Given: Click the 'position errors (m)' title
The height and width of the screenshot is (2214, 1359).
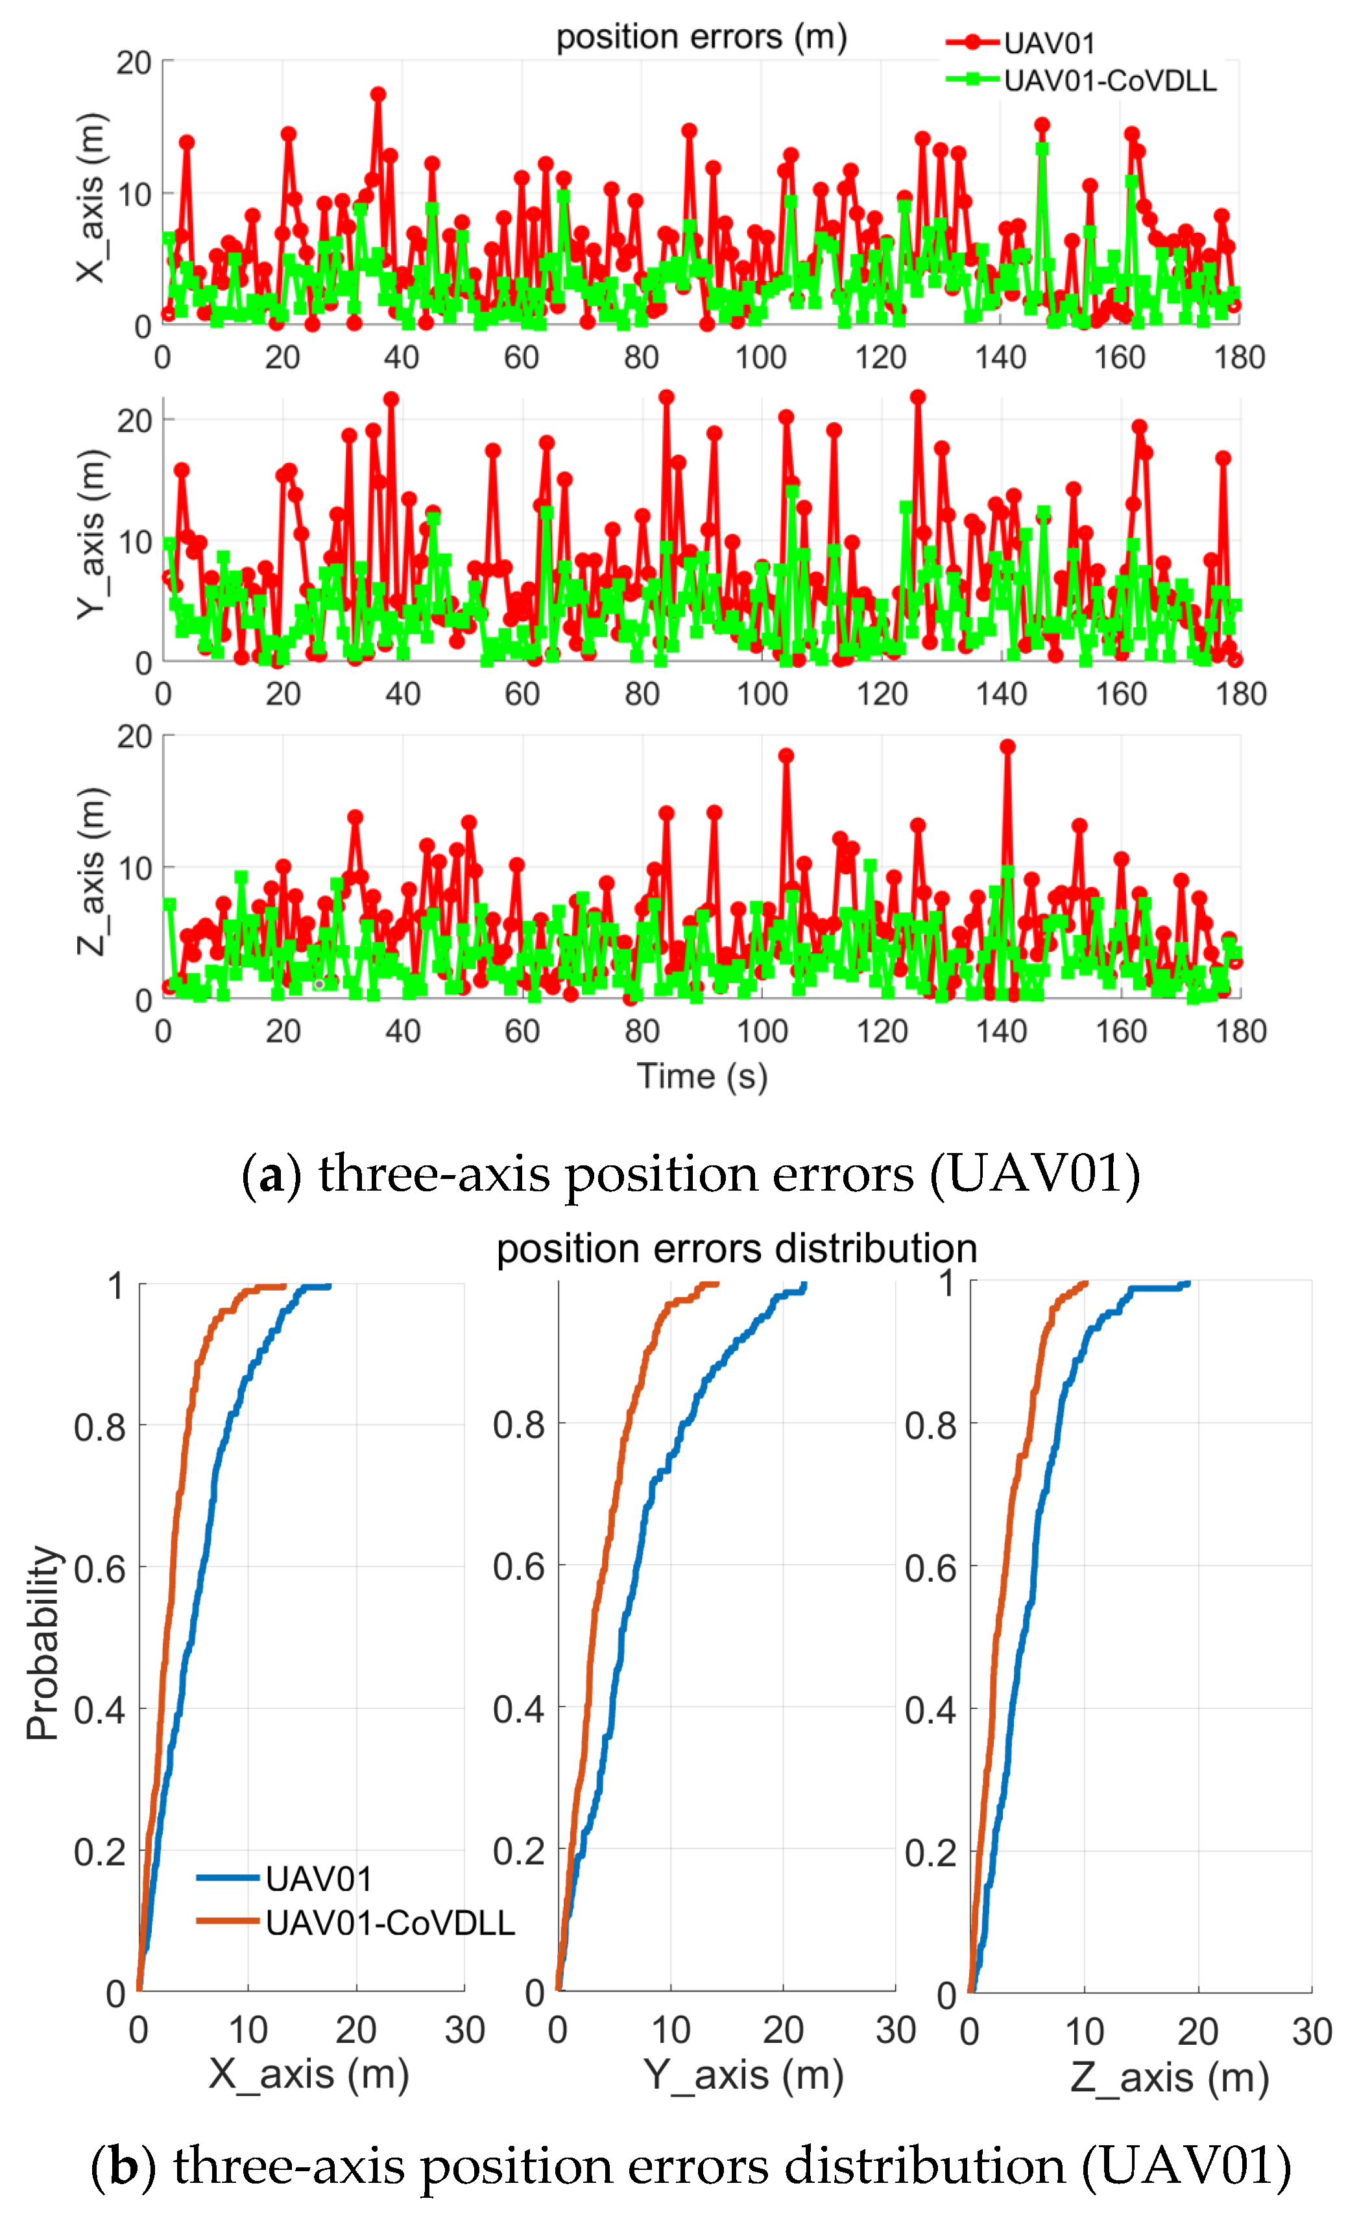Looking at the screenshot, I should pos(701,37).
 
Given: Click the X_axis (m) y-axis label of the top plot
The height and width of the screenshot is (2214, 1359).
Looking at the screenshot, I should pos(90,198).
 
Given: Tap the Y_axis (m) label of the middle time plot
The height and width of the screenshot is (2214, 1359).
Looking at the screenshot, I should pos(90,534).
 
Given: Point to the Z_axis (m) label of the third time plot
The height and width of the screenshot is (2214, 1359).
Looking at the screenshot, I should pos(90,872).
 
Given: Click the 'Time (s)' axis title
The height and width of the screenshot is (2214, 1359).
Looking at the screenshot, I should pos(702,1076).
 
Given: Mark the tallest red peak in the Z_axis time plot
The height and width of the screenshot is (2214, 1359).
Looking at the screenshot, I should pos(1007,746).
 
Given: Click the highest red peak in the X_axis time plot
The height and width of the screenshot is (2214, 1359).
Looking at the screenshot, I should pos(378,94).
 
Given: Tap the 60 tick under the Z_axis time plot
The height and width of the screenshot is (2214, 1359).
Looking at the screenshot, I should pos(522,1030).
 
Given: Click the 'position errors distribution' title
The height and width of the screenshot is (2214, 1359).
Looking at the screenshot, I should pos(736,1248).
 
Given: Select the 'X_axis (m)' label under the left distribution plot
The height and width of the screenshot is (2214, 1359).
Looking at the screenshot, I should pos(308,2075).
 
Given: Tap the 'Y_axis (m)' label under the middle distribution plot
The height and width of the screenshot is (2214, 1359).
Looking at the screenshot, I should pos(743,2075).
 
